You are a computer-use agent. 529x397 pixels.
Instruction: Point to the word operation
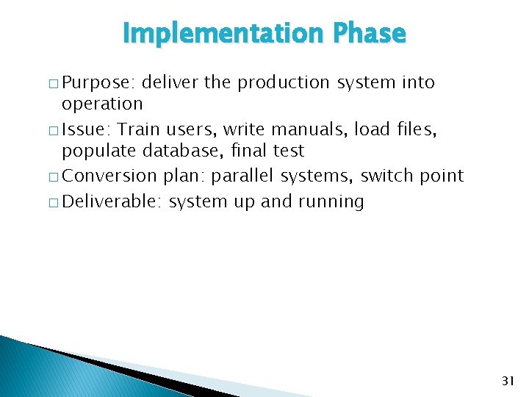tap(102, 104)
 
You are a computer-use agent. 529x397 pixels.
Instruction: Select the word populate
tap(97, 151)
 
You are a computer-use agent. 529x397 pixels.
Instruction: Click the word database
tap(188, 151)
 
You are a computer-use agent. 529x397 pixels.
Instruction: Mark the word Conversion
tap(110, 176)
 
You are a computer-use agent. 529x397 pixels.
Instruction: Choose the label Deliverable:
tap(112, 201)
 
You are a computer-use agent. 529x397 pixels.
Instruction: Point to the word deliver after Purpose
tap(170, 83)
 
